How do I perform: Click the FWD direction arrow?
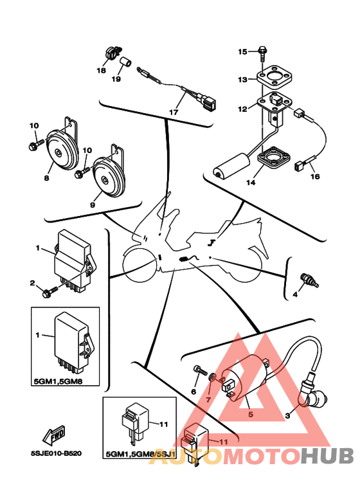pyautogui.click(x=54, y=434)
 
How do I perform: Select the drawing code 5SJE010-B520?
pyautogui.click(x=56, y=453)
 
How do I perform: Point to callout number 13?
pyautogui.click(x=242, y=79)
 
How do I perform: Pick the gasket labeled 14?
pyautogui.click(x=273, y=158)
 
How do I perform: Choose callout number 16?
pyautogui.click(x=315, y=177)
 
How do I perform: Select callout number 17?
pyautogui.click(x=174, y=113)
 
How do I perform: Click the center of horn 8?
pyautogui.click(x=59, y=153)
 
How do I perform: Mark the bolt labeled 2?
pyautogui.click(x=50, y=292)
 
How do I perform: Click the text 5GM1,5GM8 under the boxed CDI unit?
pyautogui.click(x=58, y=381)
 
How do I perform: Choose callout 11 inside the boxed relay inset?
pyautogui.click(x=163, y=424)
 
